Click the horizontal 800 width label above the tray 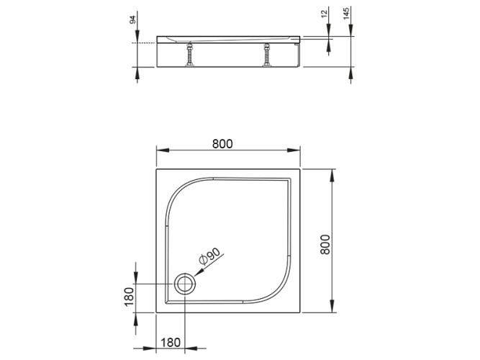click(222, 143)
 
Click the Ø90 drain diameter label click(211, 258)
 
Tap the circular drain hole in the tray click(185, 283)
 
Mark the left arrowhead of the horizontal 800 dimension click(160, 150)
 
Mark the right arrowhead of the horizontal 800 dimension click(298, 150)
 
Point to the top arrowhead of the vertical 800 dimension click(332, 174)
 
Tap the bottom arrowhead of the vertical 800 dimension click(332, 310)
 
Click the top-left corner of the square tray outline click(156, 170)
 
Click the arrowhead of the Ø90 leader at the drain click(194, 275)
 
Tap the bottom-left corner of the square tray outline click(156, 315)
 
